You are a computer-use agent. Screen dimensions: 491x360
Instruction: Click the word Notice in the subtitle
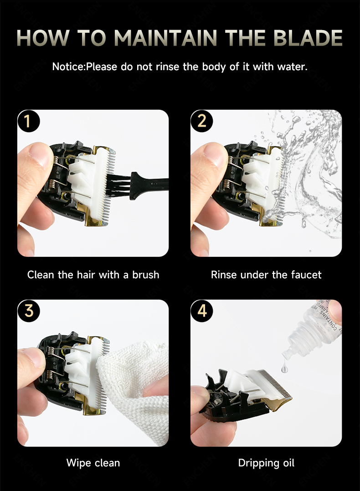tap(68, 66)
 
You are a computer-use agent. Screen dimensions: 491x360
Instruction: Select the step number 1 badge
tap(28, 121)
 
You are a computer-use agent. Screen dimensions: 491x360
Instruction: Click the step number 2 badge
tap(202, 121)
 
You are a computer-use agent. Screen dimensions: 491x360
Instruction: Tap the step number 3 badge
tap(28, 311)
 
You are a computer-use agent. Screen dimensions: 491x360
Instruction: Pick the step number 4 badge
tap(202, 311)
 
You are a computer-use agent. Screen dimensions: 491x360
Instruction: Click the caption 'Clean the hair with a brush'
tap(93, 275)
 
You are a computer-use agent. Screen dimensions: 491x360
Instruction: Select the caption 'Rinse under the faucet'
tap(266, 275)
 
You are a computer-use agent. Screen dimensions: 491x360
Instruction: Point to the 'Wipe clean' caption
tap(93, 463)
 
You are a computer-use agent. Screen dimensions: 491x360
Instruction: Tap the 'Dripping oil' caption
tap(266, 463)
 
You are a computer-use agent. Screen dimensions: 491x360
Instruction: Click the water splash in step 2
tap(314, 182)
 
